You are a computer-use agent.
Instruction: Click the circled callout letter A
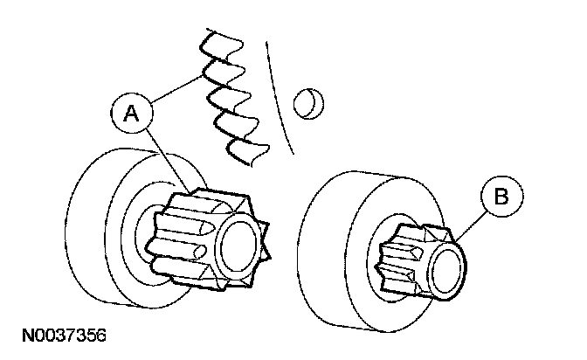130,111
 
